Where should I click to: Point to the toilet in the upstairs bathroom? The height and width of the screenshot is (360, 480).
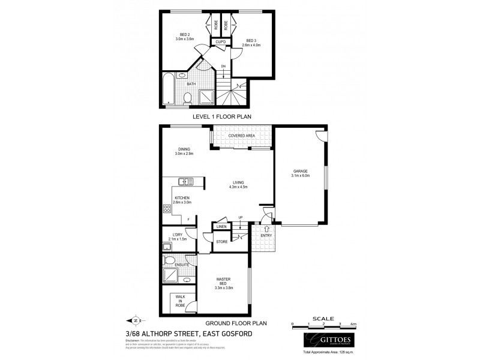[187, 98]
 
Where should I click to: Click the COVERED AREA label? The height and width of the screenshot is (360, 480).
[242, 136]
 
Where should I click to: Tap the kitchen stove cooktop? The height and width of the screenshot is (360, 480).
[166, 209]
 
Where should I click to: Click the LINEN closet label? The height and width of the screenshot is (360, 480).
[221, 226]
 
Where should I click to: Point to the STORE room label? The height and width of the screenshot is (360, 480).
[221, 242]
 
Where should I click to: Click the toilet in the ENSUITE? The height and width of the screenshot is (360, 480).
[170, 261]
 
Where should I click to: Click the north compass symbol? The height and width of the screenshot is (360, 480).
[134, 320]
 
